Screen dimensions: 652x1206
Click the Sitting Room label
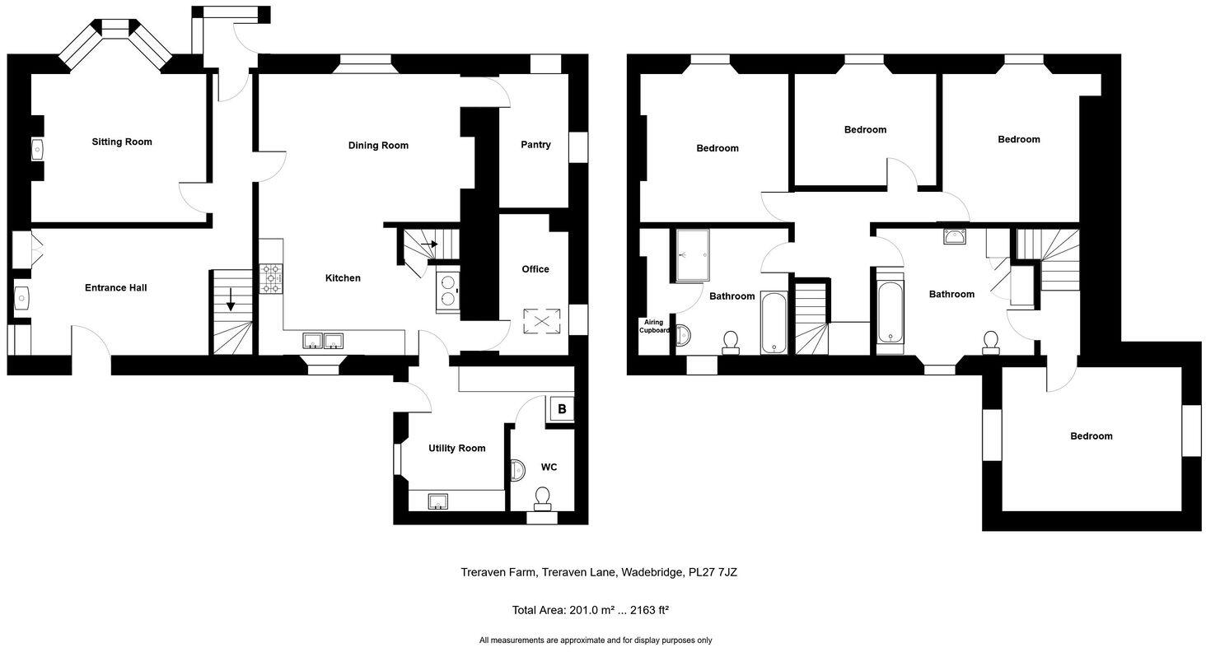point(122,142)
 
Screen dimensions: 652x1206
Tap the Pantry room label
point(535,145)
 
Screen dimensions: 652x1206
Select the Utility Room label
point(456,449)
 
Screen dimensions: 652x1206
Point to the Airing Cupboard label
point(654,326)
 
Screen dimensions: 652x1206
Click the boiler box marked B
point(562,408)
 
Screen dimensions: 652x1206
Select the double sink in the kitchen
point(323,341)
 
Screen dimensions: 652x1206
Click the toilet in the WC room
point(542,497)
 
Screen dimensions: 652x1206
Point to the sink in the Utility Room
point(437,501)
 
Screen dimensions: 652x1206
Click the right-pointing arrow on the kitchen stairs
point(428,244)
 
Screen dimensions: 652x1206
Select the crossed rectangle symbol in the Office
point(542,321)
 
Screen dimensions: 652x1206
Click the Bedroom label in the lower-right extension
point(1091,436)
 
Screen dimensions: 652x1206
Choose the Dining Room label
point(378,146)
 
